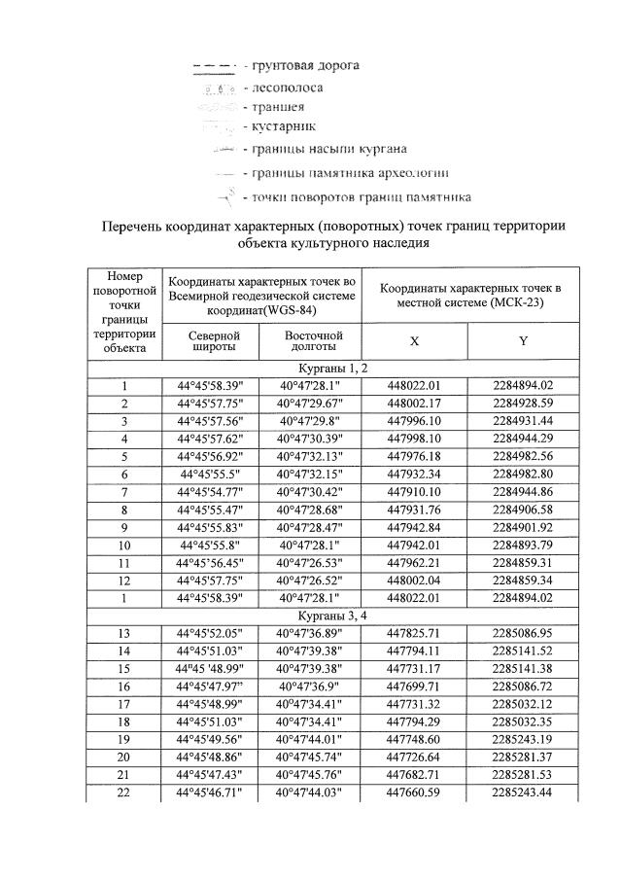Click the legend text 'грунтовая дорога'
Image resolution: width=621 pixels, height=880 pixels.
(306, 66)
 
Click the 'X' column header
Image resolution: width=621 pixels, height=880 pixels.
(414, 341)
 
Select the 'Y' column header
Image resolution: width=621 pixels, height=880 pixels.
(524, 341)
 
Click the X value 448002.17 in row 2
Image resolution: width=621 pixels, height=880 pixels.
(414, 404)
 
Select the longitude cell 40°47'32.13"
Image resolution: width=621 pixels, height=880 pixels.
(313, 456)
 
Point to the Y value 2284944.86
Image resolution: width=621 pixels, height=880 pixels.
(524, 492)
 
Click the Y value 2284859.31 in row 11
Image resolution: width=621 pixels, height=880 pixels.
(524, 563)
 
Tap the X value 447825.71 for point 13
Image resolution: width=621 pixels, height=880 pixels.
(414, 634)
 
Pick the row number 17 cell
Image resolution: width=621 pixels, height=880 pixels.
(124, 705)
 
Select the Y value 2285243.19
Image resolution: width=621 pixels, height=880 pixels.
(524, 740)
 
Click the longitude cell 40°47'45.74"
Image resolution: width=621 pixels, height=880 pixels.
(313, 757)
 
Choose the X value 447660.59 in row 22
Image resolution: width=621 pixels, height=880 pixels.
(414, 793)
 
